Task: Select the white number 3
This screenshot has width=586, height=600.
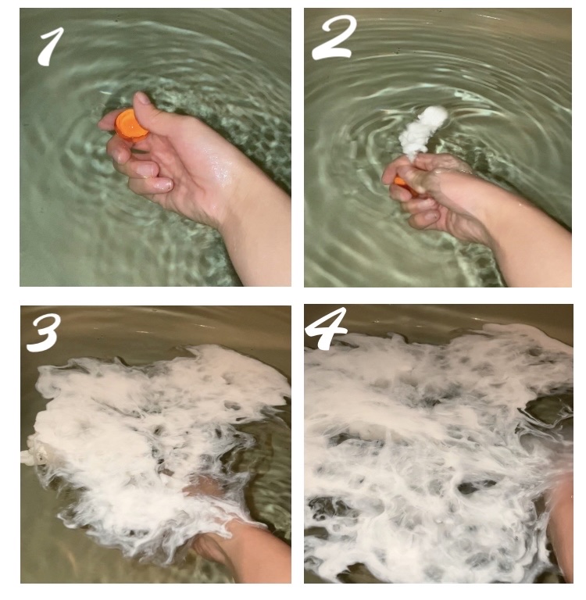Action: pyautogui.click(x=44, y=334)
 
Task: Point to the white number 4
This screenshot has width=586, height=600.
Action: pyautogui.click(x=326, y=331)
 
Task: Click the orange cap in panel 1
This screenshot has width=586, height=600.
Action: pyautogui.click(x=129, y=124)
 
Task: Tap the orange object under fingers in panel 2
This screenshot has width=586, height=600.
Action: pyautogui.click(x=401, y=183)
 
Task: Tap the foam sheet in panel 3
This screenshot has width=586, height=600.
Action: pyautogui.click(x=141, y=422)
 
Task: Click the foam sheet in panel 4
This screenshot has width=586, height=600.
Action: pyautogui.click(x=422, y=437)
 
